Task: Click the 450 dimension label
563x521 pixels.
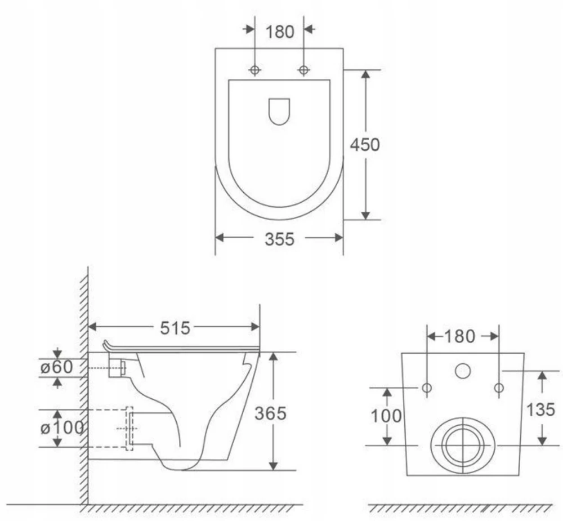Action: point(365,144)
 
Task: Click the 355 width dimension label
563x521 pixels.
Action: point(279,239)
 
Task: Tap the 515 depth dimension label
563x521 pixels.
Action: point(175,328)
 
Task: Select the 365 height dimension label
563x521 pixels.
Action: point(270,413)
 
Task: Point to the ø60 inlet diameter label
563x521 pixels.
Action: point(57,367)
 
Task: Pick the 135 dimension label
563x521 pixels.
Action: point(540,409)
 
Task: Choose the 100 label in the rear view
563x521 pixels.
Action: point(386,416)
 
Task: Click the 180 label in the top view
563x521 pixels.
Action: point(280,32)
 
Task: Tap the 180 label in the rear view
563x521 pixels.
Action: point(460,336)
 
